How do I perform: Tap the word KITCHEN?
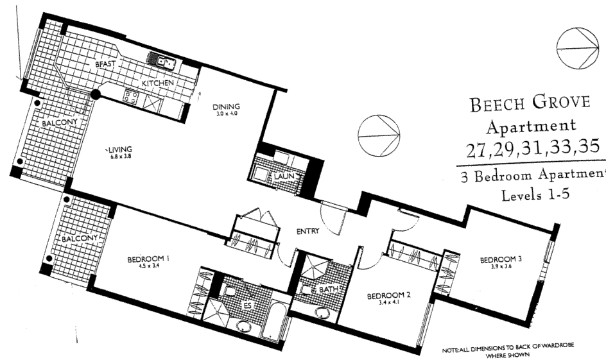[x=158, y=84]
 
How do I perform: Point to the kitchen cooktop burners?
[x=132, y=98]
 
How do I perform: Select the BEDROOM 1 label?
[x=148, y=259]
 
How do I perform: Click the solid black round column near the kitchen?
[x=95, y=96]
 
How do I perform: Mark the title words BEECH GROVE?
[x=530, y=105]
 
